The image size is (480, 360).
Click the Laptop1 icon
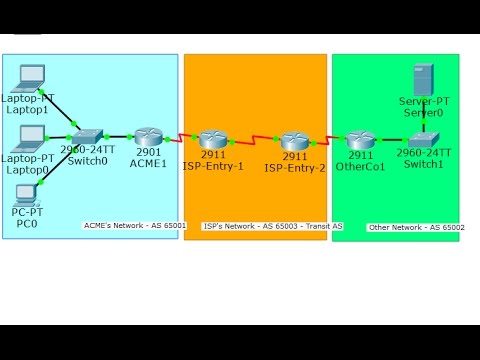(x=32, y=76)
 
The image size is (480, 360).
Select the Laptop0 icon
(x=31, y=136)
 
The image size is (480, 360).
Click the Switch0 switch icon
(x=87, y=136)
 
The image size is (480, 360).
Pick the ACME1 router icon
(x=148, y=137)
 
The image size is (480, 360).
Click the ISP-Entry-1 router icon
(x=213, y=140)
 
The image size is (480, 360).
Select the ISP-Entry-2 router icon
(x=293, y=141)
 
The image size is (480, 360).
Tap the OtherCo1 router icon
(x=360, y=140)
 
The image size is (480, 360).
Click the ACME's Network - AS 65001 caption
(x=135, y=226)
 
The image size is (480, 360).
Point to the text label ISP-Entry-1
(x=213, y=167)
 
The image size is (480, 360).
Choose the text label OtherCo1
(x=361, y=167)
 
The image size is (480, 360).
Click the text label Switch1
(x=423, y=164)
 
